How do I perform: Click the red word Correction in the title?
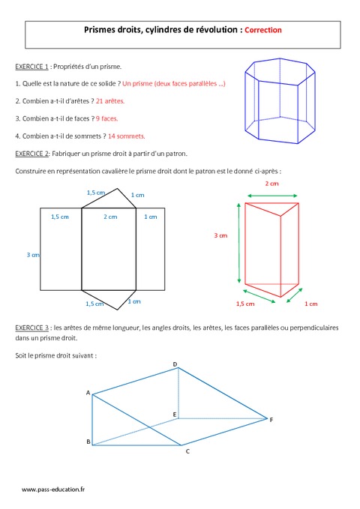point(263,30)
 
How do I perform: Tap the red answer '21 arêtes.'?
point(110,101)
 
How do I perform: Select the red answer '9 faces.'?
point(107,118)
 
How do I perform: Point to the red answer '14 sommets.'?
point(127,136)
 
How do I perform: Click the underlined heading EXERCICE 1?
point(31,67)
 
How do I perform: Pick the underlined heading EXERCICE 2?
point(31,154)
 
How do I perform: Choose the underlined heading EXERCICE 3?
point(31,328)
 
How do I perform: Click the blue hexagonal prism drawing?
point(280,100)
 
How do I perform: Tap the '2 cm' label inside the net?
point(110,217)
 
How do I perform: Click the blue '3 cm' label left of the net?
point(33,255)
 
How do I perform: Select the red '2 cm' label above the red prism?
point(272,184)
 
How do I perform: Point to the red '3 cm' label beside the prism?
point(220,235)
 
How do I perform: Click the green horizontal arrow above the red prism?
point(272,196)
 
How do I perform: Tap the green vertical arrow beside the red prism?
point(239,243)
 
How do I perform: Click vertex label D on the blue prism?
point(175,364)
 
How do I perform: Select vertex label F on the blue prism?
point(271,420)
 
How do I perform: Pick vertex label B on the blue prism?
point(88,442)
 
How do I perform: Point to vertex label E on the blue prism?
point(175,415)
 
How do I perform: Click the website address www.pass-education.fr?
point(53,490)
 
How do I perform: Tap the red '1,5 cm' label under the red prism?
point(245,304)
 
